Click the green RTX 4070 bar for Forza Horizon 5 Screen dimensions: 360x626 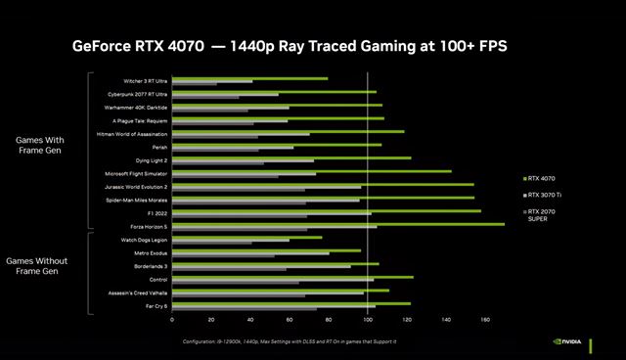(x=337, y=224)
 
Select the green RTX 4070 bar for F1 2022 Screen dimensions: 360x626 (x=326, y=210)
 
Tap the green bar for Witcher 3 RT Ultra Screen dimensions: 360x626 (x=249, y=78)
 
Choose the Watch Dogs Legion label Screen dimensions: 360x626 (x=144, y=240)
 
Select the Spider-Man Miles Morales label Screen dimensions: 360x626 (x=137, y=200)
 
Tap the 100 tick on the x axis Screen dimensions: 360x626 (x=368, y=320)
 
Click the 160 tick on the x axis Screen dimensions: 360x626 (x=485, y=320)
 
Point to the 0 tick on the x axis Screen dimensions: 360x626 (x=172, y=320)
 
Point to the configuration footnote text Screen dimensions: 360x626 (x=290, y=341)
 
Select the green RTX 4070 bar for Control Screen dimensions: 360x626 (x=292, y=277)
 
